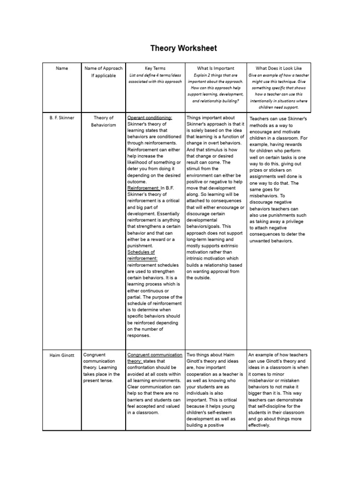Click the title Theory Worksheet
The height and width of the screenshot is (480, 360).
[x=183, y=48]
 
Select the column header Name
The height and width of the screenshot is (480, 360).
[x=62, y=68]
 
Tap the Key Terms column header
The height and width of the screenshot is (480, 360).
[x=155, y=68]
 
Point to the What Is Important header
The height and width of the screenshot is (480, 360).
[x=216, y=68]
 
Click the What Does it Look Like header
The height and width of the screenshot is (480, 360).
[x=278, y=68]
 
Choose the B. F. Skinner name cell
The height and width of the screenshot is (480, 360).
[x=62, y=118]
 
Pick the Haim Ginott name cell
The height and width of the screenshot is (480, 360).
[x=62, y=355]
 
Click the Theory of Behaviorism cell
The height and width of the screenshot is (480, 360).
[x=104, y=121]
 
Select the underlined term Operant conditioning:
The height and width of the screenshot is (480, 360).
[x=150, y=118]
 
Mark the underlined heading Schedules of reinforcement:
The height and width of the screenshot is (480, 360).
[x=142, y=255]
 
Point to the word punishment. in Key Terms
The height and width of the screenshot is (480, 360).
[x=140, y=245]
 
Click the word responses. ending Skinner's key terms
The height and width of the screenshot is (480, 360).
[x=139, y=336]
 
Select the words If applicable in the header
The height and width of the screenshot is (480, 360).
[x=104, y=75]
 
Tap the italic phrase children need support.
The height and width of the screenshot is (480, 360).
[x=278, y=107]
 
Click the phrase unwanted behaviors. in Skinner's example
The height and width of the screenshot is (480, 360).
[x=271, y=240]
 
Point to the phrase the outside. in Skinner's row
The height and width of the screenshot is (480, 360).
[x=199, y=277]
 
